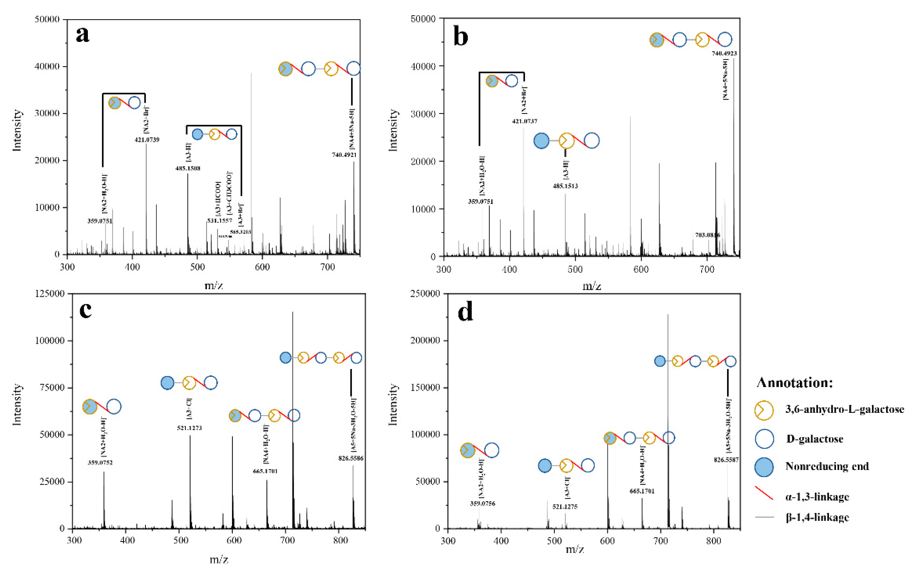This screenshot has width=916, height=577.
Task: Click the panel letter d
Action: tap(465, 312)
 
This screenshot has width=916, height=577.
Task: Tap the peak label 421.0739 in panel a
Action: tap(147, 140)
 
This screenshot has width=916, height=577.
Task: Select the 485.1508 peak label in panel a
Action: tap(188, 168)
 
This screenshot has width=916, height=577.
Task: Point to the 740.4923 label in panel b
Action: tap(724, 54)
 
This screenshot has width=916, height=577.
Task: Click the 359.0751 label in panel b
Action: tap(480, 201)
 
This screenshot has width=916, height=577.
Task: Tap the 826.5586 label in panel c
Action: tap(351, 459)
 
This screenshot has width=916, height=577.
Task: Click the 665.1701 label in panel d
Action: tap(642, 491)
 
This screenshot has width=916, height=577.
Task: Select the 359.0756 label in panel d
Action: tap(482, 504)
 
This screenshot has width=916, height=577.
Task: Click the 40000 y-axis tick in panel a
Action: tap(47, 67)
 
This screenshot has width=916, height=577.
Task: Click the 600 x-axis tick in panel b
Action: tap(641, 269)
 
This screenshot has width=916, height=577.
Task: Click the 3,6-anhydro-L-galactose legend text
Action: tap(845, 409)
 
